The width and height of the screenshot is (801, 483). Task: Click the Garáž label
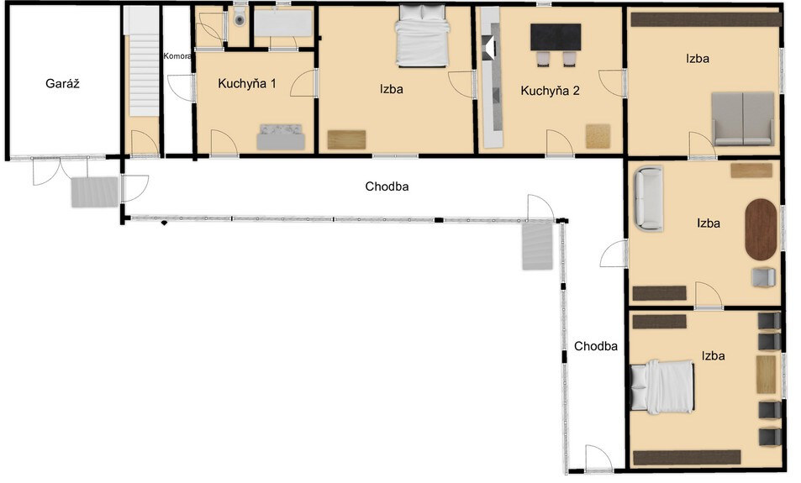coord(62,84)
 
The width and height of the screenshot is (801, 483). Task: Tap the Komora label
coord(177,56)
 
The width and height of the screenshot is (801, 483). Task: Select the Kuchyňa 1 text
coord(247,84)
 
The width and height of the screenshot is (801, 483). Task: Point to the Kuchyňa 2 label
coord(550,91)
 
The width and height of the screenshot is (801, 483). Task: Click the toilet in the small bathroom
coord(239,18)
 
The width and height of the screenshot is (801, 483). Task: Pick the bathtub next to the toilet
coord(283,23)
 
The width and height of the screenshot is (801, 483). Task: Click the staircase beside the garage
coord(144,61)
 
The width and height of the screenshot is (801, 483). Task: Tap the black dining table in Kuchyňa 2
coord(556,37)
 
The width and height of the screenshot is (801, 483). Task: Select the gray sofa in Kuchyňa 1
coord(281,137)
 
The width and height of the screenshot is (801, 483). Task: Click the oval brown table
coord(761,230)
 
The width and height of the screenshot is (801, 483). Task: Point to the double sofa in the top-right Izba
coord(743,119)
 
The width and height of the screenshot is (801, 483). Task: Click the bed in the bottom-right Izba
coord(662,386)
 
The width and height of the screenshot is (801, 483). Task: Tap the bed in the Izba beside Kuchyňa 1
coord(423,36)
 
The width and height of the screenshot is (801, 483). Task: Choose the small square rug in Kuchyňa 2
coord(598,136)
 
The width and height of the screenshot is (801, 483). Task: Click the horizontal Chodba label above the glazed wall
coord(387,186)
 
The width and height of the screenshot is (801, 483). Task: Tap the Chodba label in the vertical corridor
coord(596,346)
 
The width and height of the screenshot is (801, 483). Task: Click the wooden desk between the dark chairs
coord(766,375)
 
